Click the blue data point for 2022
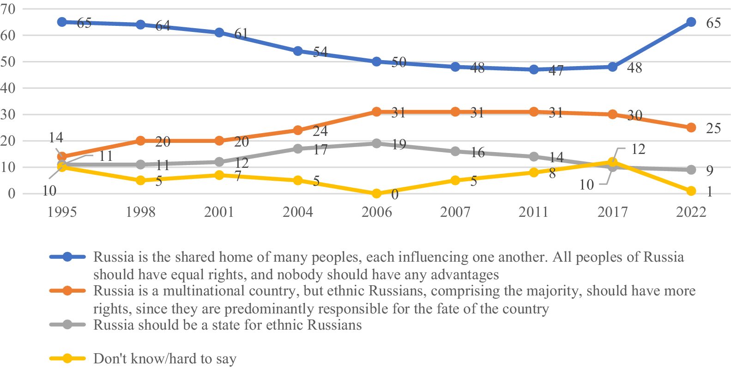pos(691,22)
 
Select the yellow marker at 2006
pos(376,194)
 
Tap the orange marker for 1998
pos(140,141)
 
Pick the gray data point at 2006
pos(376,143)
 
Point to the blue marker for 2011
pos(533,70)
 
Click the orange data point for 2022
pos(691,128)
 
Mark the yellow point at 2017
pos(612,162)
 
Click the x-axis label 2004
pos(298,212)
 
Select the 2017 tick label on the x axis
pos(612,212)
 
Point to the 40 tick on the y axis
pos(8,88)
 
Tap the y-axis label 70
pos(8,9)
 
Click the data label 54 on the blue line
pos(320,52)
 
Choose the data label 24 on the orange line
pos(320,131)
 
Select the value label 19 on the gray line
pos(399,144)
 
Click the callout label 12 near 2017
pos(638,149)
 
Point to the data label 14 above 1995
pos(56,138)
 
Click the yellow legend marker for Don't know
pos(67,358)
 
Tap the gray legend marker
pos(67,325)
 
